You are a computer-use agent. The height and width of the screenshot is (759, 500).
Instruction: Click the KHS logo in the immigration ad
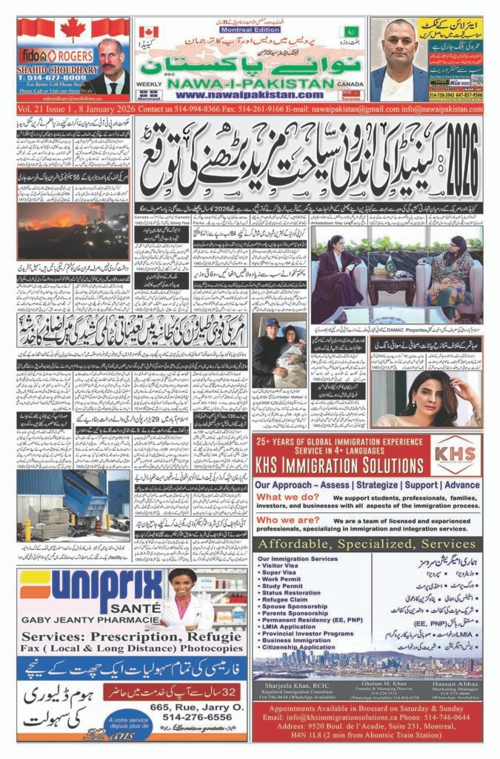[x=456, y=453]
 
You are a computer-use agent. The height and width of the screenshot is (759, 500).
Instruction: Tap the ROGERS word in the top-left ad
[x=70, y=55]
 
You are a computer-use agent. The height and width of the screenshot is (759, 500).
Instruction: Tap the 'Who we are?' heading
[x=285, y=521]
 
